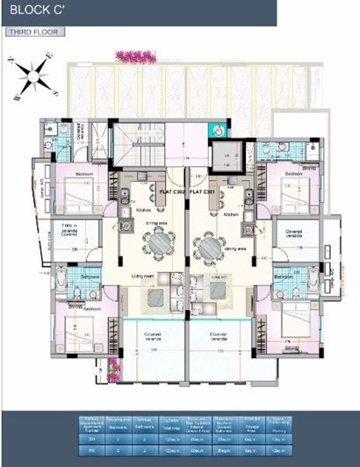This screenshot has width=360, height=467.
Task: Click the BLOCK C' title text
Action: click(x=31, y=11)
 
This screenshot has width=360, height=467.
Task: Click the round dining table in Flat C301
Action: click(x=212, y=249)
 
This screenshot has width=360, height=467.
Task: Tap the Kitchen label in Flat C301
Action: click(x=231, y=214)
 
